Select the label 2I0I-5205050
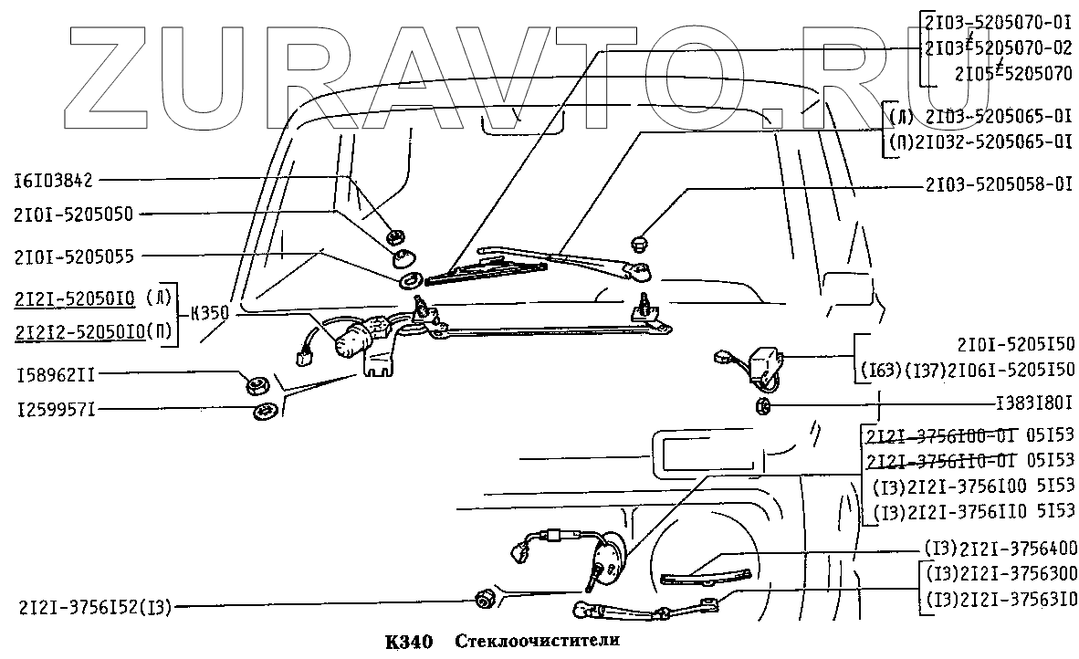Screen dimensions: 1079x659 point(74,214)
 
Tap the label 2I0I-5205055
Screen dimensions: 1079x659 point(74,256)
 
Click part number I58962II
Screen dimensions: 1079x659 point(54,373)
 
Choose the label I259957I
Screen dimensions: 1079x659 point(54,410)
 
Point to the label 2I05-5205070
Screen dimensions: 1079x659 point(1014,75)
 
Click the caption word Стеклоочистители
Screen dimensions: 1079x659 point(538,640)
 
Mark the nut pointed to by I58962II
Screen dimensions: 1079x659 point(255,384)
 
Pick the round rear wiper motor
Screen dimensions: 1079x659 point(606,559)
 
